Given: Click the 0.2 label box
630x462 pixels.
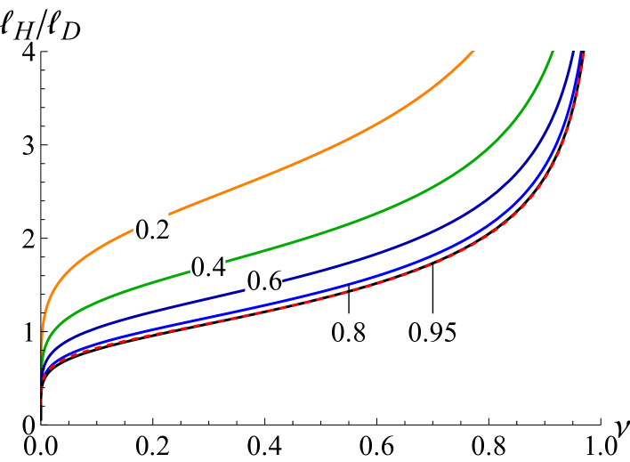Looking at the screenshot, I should [151, 230].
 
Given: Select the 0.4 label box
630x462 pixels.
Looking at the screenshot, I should [208, 267].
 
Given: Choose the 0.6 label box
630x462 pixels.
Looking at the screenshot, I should [264, 281].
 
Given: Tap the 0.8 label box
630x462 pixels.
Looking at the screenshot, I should [348, 332].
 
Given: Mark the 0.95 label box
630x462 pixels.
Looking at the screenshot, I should [432, 332].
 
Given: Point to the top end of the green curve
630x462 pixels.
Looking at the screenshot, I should [553, 52].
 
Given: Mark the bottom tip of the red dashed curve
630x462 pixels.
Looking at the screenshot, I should [42, 415].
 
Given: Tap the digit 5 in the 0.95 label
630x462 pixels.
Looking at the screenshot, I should [448, 333].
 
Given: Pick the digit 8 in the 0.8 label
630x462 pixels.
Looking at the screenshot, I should [357, 333].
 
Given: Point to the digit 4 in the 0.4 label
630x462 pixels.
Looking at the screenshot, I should [217, 268].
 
